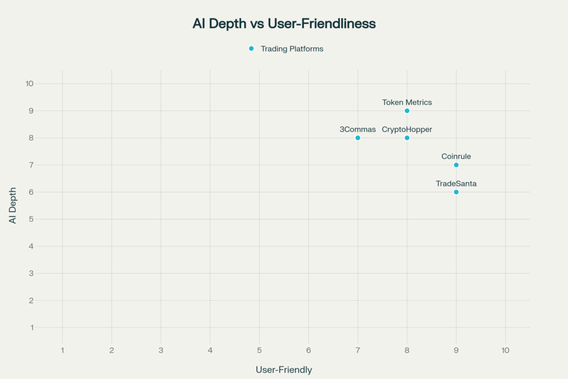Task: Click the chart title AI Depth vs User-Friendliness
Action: tap(284, 24)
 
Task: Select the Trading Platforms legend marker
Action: tap(251, 49)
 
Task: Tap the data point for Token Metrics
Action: tap(407, 111)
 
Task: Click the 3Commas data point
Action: tap(358, 138)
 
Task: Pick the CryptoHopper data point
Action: tap(407, 138)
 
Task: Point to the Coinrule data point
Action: tap(456, 165)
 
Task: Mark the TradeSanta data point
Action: tap(456, 192)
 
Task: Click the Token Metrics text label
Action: tap(407, 102)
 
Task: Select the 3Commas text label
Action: tap(358, 129)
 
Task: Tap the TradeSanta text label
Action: tap(456, 183)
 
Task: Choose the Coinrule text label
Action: tap(456, 156)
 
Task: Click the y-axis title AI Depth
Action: tap(13, 205)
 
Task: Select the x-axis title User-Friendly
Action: tap(283, 370)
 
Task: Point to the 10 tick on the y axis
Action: tap(29, 84)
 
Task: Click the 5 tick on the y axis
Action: tap(32, 219)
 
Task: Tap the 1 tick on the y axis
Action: tap(32, 327)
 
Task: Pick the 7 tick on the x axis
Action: tap(358, 351)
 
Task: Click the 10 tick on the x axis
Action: tap(505, 351)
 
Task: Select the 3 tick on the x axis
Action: tap(161, 351)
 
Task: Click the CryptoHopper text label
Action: tap(407, 129)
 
